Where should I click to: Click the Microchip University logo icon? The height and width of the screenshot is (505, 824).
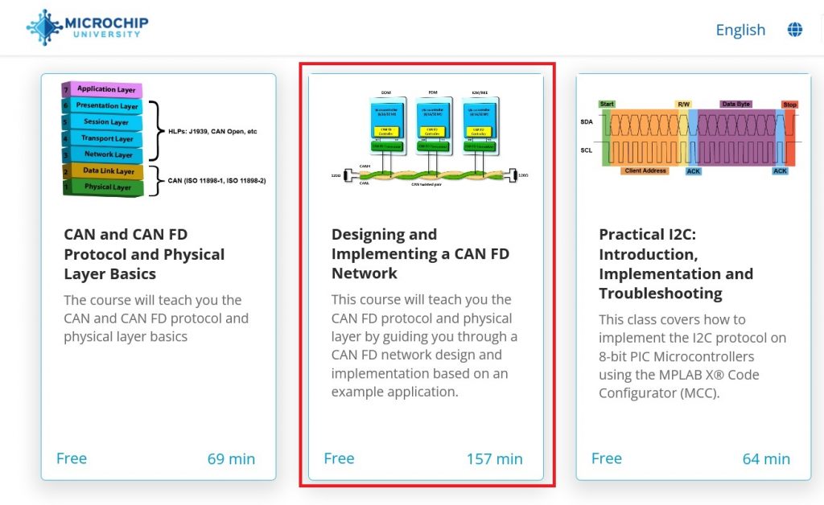(44, 27)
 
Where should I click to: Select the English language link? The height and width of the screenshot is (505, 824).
(740, 30)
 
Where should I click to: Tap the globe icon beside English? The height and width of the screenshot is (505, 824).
(795, 30)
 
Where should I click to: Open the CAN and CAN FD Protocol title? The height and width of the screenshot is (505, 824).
(144, 254)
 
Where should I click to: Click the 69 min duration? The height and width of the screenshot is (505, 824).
(231, 459)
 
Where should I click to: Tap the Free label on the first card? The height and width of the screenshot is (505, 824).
(72, 458)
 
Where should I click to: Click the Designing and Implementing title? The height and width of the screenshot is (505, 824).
(420, 254)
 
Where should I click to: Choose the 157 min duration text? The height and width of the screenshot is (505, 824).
(494, 459)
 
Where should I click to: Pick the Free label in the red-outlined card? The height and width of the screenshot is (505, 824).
(339, 458)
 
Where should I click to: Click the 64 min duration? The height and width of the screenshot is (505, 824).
(766, 459)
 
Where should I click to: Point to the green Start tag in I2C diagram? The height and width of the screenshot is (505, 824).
(608, 105)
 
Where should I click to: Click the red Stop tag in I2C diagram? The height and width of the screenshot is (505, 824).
(789, 105)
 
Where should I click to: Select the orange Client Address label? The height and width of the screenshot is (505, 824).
(645, 171)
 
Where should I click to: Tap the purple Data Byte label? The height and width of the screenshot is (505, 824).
(735, 105)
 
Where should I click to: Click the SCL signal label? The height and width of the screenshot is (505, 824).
(587, 150)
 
